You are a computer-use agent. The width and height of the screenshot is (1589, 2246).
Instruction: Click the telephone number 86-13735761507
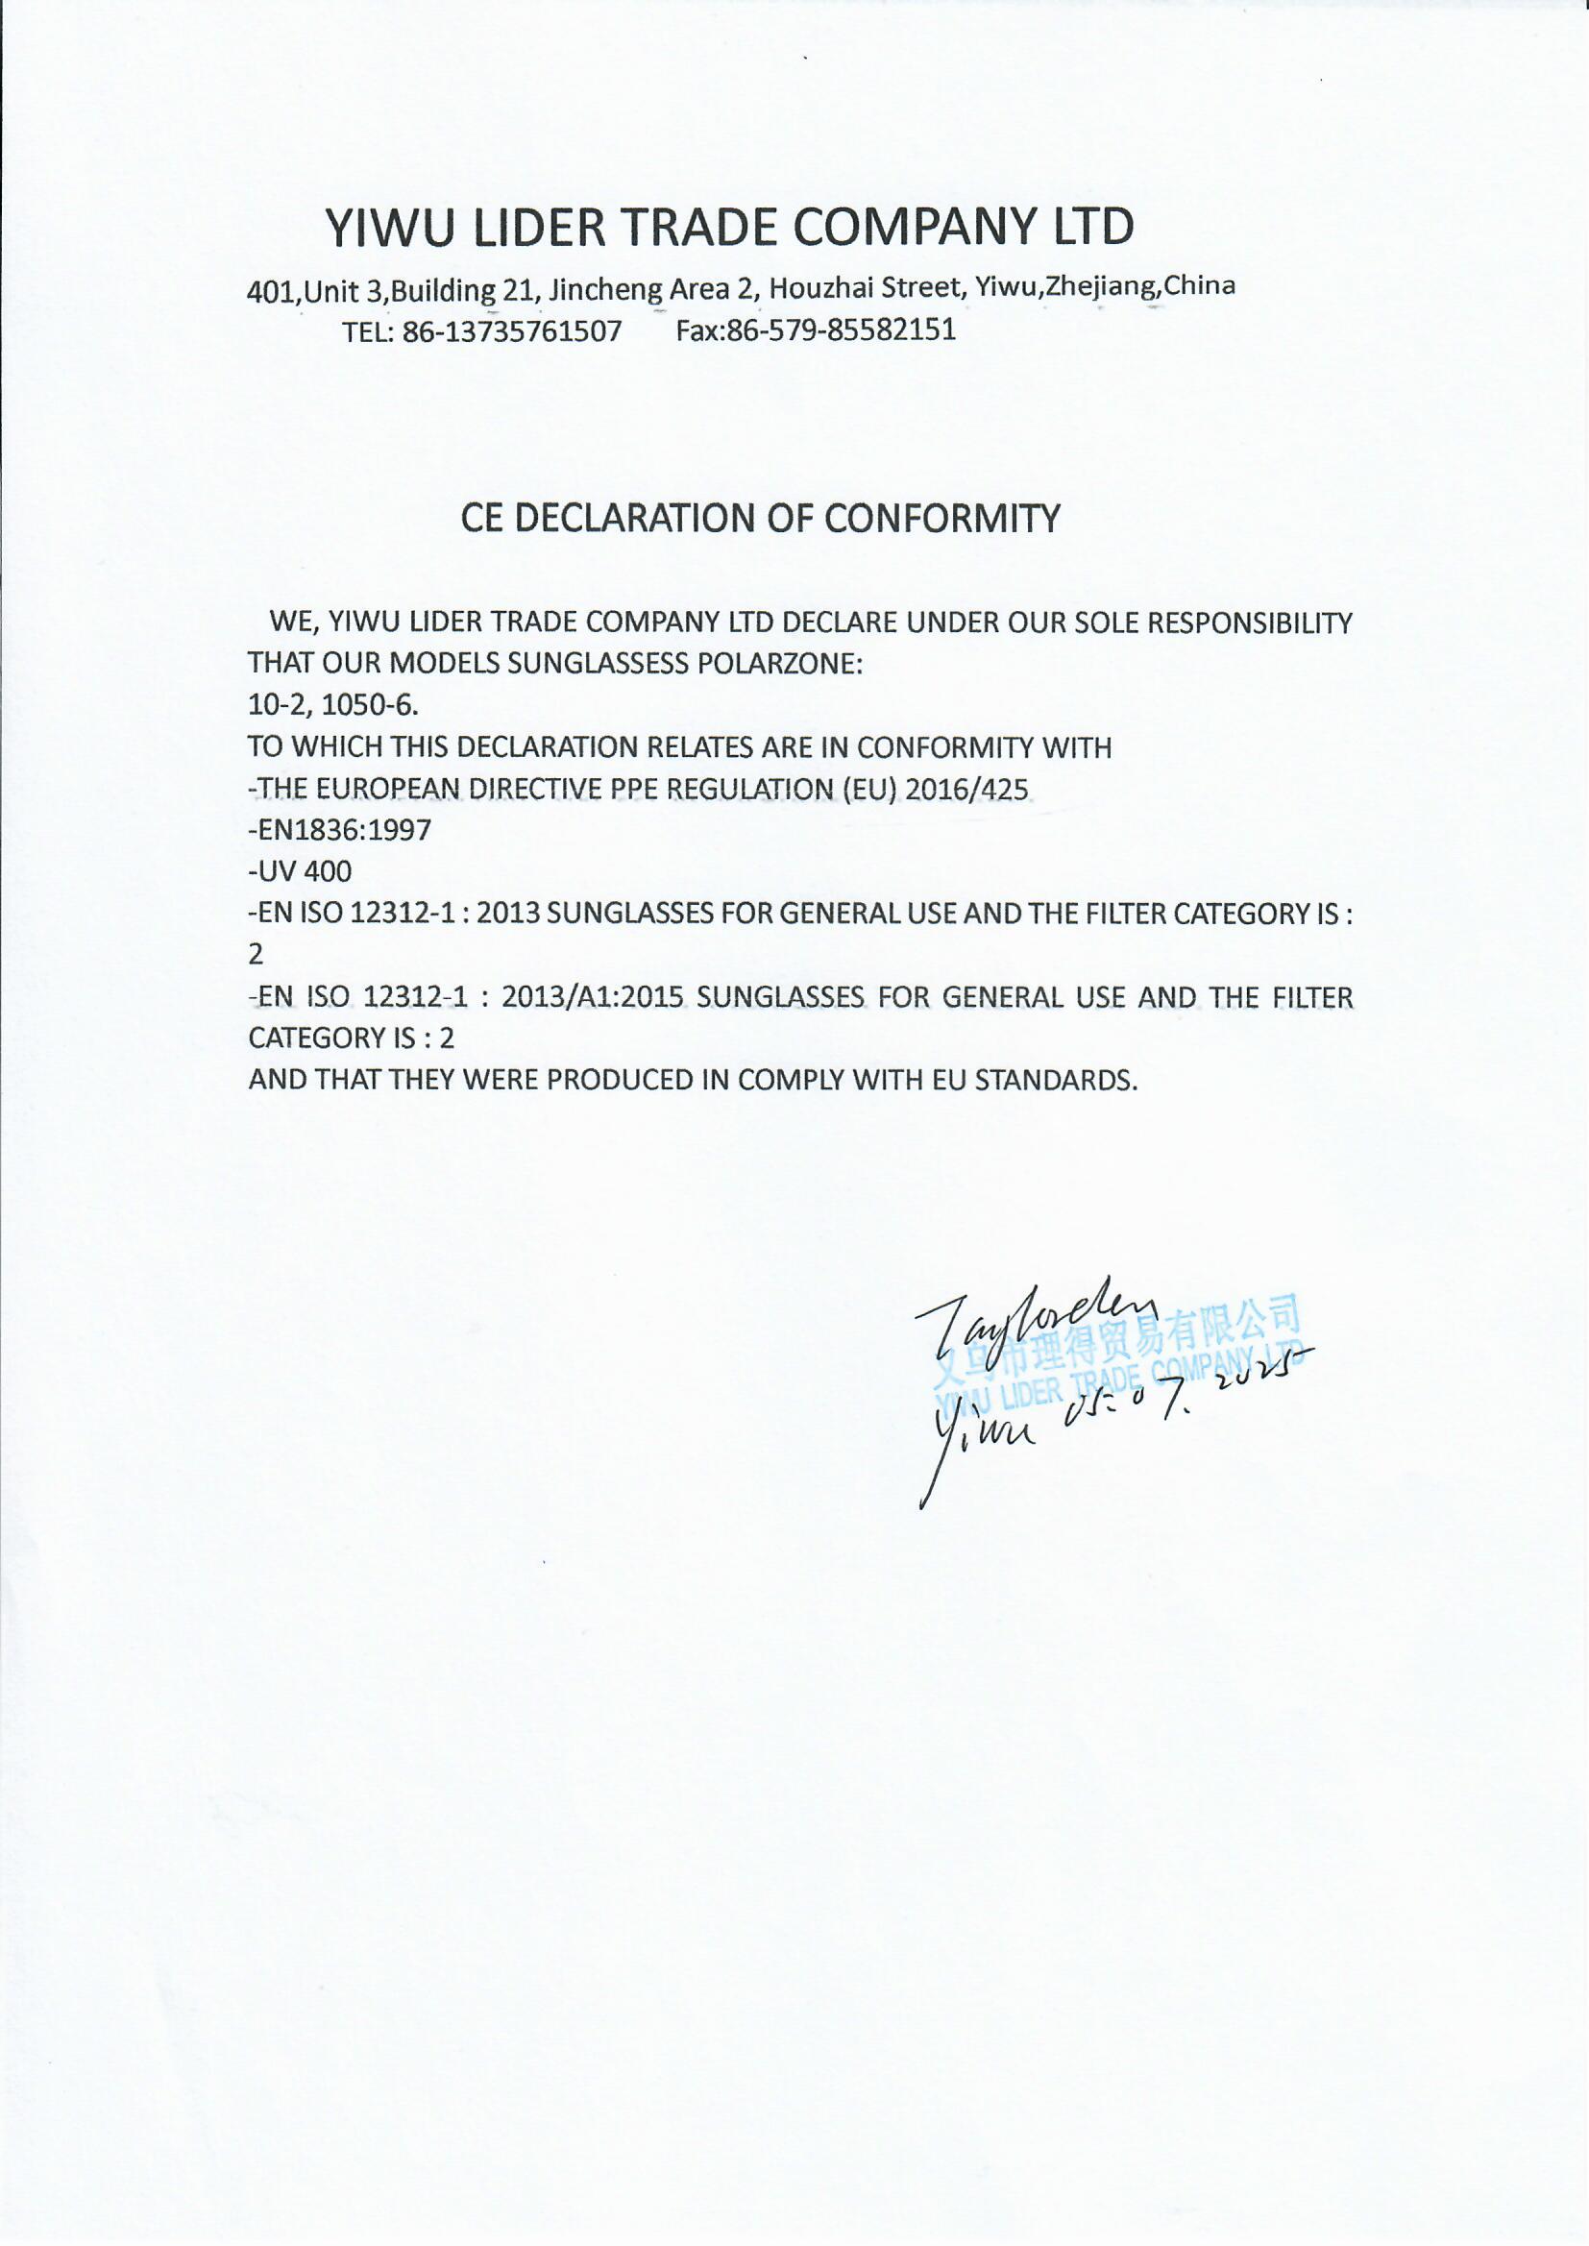tap(512, 331)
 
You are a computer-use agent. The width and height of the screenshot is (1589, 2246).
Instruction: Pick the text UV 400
tap(304, 871)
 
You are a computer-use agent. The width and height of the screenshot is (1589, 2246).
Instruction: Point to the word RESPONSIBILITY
tap(1249, 623)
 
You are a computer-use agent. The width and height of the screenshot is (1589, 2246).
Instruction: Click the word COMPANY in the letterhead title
tap(914, 227)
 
